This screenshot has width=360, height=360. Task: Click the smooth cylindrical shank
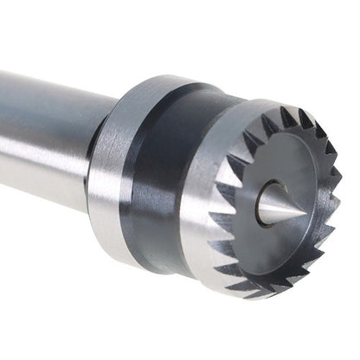43,130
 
